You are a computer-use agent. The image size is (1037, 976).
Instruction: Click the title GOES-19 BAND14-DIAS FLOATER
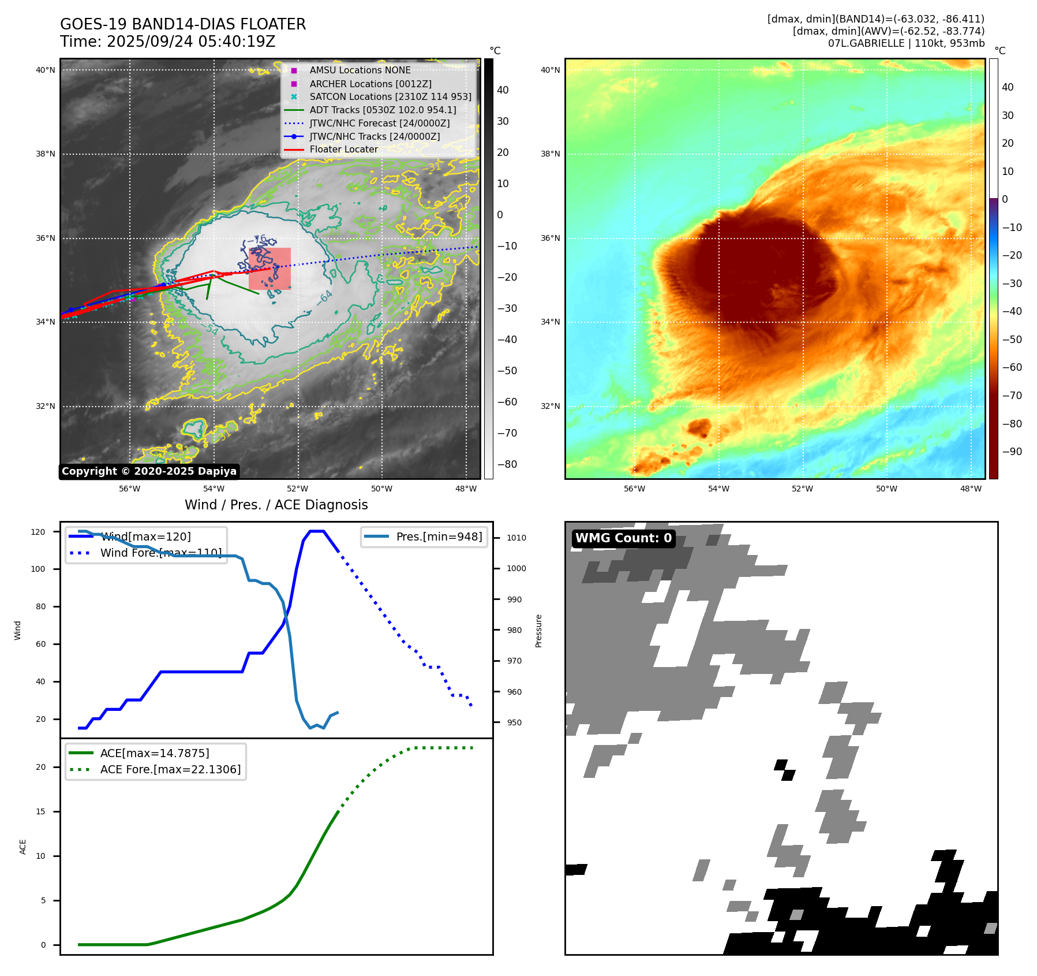[183, 24]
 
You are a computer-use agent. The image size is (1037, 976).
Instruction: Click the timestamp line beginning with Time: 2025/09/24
[167, 42]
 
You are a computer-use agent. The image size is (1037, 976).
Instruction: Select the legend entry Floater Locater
[343, 149]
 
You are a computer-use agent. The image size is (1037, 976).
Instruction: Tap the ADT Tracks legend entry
[382, 110]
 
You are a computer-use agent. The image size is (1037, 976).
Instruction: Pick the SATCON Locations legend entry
[390, 96]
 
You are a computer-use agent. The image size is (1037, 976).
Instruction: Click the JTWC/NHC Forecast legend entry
[379, 123]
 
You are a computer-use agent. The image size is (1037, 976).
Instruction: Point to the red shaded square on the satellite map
[269, 269]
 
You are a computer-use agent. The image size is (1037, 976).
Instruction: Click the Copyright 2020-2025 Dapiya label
[149, 471]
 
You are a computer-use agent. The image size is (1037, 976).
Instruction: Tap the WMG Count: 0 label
[623, 538]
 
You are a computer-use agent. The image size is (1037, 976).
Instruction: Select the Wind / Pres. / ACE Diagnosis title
[276, 505]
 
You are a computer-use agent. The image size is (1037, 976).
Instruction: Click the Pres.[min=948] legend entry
[439, 537]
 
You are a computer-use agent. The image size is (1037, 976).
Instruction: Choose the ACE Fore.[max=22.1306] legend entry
[170, 769]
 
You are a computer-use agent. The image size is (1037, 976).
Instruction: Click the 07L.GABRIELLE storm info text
[906, 43]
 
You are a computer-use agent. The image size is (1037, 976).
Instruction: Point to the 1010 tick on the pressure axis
[516, 538]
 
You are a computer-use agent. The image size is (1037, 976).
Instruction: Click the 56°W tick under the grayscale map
[129, 489]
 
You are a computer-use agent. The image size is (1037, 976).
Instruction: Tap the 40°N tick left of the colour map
[549, 70]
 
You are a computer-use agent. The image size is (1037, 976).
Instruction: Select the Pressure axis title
[538, 631]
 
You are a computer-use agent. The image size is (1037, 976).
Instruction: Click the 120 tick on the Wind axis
[38, 532]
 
